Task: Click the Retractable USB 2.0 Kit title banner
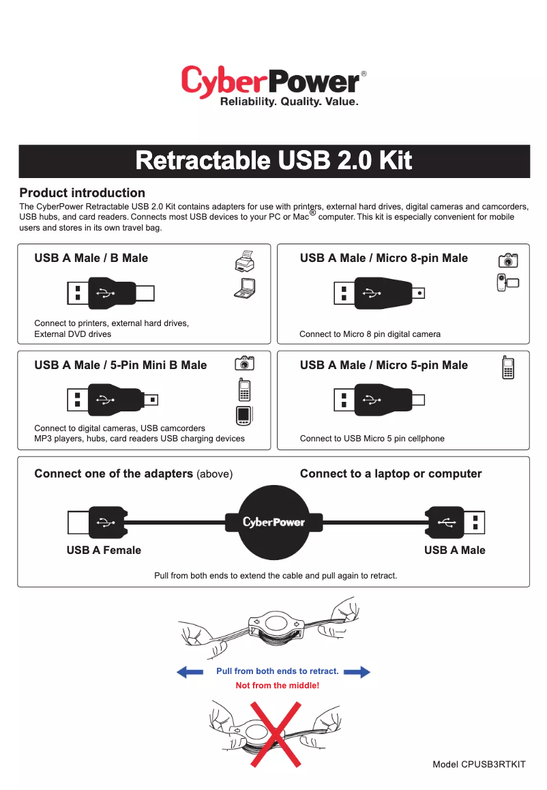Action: point(273,161)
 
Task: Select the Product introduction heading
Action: point(82,192)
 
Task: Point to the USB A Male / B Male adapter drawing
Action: point(110,293)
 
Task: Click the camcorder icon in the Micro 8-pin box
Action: point(508,282)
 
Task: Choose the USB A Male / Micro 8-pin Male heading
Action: point(383,258)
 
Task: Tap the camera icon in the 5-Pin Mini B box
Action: point(245,363)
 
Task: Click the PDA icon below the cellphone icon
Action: point(244,415)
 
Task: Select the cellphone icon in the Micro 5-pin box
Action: point(507,368)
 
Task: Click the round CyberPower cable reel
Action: point(273,522)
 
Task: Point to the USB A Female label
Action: point(104,550)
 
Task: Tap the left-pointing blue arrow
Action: point(190,672)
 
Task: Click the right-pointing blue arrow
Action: point(357,672)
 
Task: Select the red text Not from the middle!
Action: point(277,685)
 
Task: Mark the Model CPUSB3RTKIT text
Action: point(479,764)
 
